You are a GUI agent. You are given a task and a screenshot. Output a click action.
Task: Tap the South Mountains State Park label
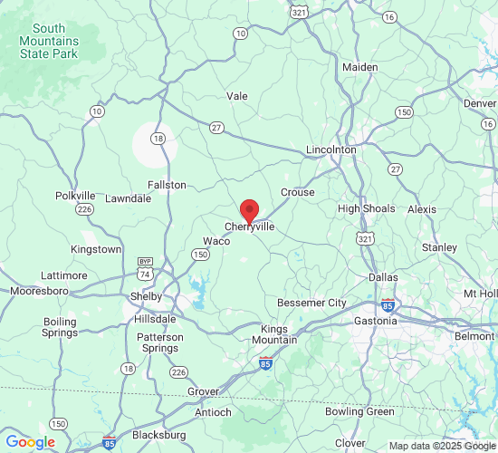pyautogui.click(x=50, y=41)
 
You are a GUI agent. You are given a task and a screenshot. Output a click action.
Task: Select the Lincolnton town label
pyautogui.click(x=331, y=149)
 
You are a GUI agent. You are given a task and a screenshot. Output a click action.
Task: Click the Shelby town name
pyautogui.click(x=147, y=296)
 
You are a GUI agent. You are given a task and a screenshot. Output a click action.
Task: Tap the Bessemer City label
pyautogui.click(x=311, y=302)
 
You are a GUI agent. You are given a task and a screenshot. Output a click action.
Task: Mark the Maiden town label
pyautogui.click(x=359, y=67)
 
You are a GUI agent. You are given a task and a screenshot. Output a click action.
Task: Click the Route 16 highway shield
pyautogui.click(x=388, y=16)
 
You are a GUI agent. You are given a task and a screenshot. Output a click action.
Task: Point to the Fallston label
pyautogui.click(x=167, y=185)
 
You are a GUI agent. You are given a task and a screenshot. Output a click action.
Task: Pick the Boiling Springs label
pyautogui.click(x=60, y=327)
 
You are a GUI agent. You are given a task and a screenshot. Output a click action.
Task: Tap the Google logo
pyautogui.click(x=30, y=442)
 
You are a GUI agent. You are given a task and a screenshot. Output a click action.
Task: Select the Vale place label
pyautogui.click(x=237, y=95)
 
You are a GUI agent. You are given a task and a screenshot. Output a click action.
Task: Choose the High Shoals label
pyautogui.click(x=367, y=208)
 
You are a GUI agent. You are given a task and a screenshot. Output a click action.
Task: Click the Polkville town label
pyautogui.click(x=75, y=196)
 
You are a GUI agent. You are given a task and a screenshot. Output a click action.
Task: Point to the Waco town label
pyautogui.click(x=216, y=241)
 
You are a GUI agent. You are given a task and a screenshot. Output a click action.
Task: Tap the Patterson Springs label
pyautogui.click(x=159, y=342)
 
